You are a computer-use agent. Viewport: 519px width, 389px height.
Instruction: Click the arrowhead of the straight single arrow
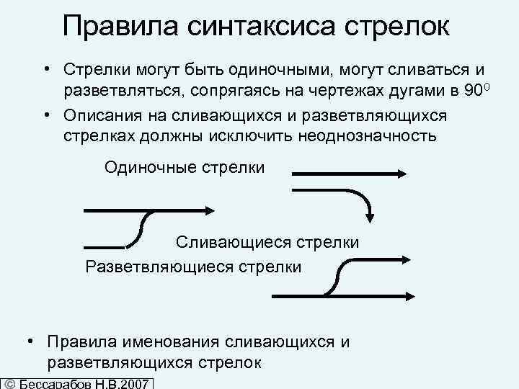click(x=404, y=173)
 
